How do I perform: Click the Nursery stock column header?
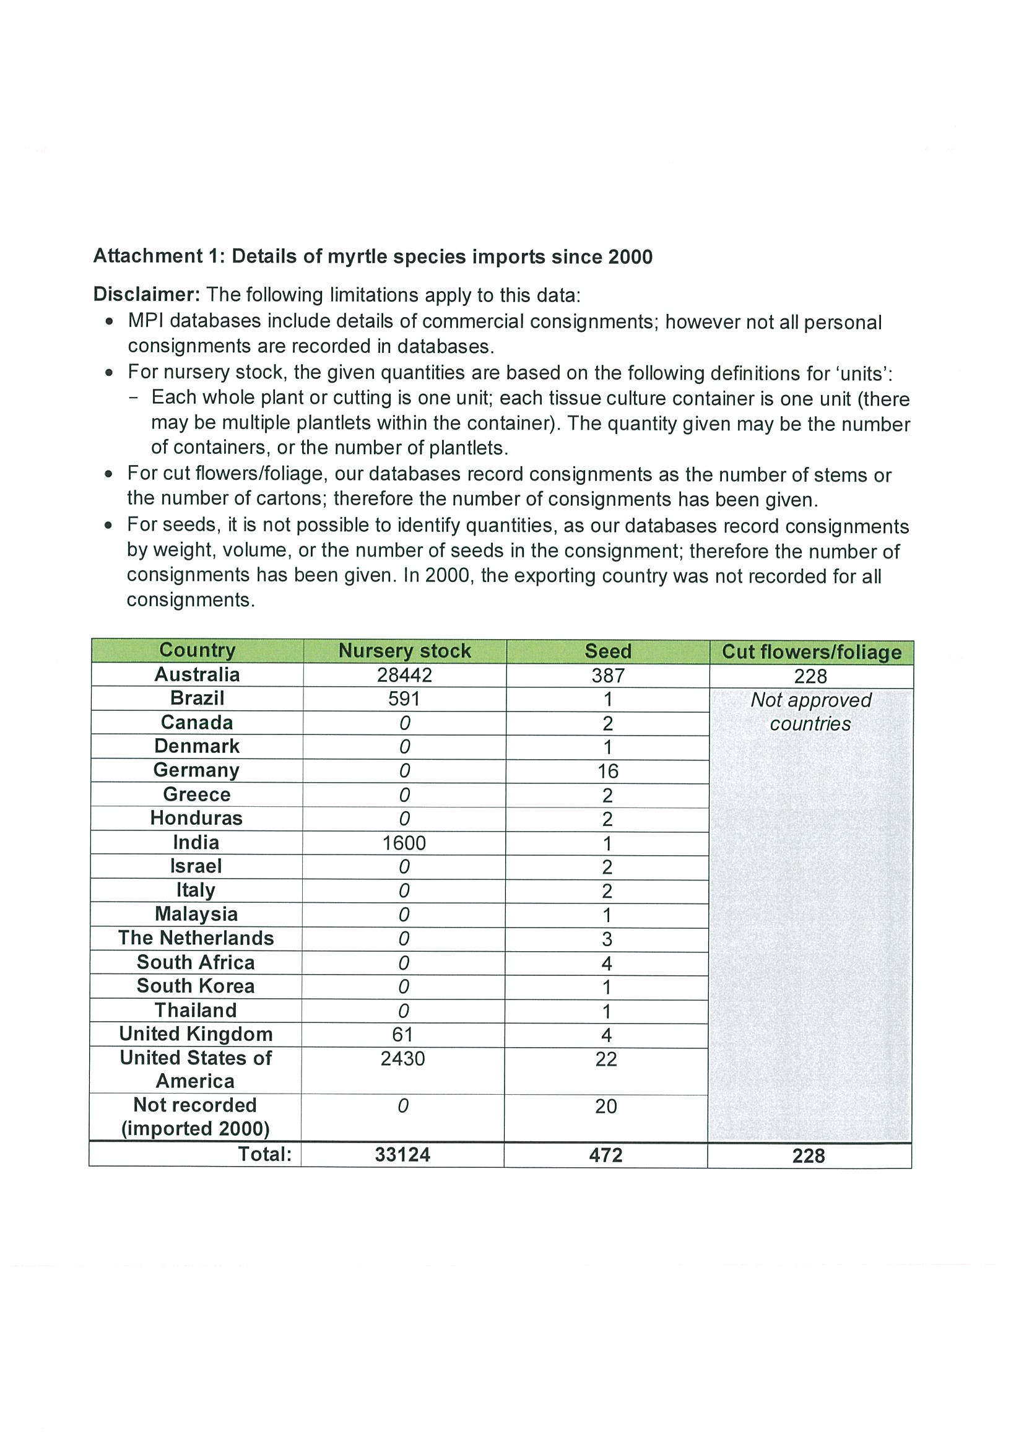pyautogui.click(x=404, y=651)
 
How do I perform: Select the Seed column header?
pyautogui.click(x=607, y=651)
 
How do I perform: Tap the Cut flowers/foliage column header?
pyautogui.click(x=812, y=652)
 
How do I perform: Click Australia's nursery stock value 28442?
pyautogui.click(x=404, y=676)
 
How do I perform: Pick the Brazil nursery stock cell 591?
pyautogui.click(x=404, y=698)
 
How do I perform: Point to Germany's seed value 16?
pyautogui.click(x=607, y=771)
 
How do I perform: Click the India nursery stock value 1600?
pyautogui.click(x=404, y=843)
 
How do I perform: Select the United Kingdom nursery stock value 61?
pyautogui.click(x=402, y=1034)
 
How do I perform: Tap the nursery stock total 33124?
pyautogui.click(x=402, y=1154)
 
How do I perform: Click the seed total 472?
pyautogui.click(x=605, y=1155)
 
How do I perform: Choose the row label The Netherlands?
pyautogui.click(x=196, y=938)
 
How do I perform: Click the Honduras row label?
pyautogui.click(x=196, y=819)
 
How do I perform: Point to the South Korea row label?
pyautogui.click(x=196, y=986)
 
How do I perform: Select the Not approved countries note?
pyautogui.click(x=811, y=712)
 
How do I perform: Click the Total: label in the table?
pyautogui.click(x=265, y=1154)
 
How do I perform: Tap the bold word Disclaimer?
pyautogui.click(x=147, y=294)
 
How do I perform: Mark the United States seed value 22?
pyautogui.click(x=605, y=1059)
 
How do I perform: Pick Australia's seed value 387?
pyautogui.click(x=607, y=676)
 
